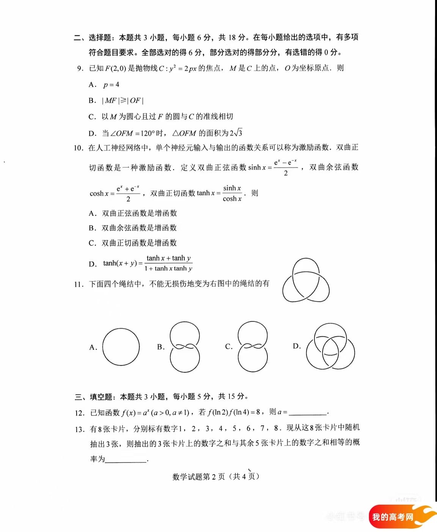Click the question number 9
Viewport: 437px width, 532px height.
click(80, 68)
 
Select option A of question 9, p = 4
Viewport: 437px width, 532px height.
click(111, 85)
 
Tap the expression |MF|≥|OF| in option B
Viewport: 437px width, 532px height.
click(123, 101)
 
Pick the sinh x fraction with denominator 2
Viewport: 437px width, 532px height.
click(286, 168)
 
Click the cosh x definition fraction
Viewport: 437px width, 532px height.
click(128, 194)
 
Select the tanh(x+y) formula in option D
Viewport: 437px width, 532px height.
click(148, 263)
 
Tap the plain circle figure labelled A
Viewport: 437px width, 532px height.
click(121, 347)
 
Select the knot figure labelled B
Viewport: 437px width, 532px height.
click(185, 347)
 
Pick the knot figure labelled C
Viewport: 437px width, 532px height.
click(253, 347)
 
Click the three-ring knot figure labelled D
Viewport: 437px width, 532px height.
click(330, 347)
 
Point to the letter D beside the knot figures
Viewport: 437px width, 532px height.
click(297, 346)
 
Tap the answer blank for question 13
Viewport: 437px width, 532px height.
click(126, 459)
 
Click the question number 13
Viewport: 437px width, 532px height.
click(80, 429)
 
